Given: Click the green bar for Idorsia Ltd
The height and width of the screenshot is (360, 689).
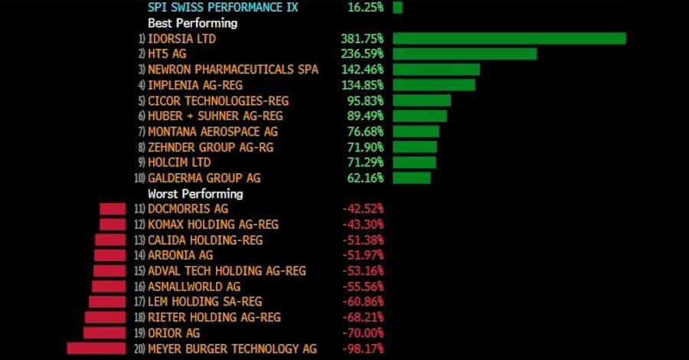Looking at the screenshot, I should (509, 38).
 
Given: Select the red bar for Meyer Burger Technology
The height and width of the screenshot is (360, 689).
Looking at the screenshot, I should (96, 349).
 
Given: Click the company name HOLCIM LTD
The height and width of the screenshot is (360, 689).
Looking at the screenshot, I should (179, 162).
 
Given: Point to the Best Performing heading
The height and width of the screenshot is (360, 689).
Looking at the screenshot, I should (192, 23).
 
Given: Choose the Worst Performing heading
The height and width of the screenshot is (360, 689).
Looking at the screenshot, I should (195, 194).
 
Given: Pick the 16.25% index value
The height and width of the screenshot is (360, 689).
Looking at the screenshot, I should (365, 7).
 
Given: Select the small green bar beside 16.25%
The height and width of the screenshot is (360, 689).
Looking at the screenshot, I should (397, 7).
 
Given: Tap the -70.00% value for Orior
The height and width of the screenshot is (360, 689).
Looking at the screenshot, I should (362, 333).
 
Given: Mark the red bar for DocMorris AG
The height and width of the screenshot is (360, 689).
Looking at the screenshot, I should (113, 209).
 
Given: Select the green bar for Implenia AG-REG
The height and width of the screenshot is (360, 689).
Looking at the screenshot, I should (433, 84).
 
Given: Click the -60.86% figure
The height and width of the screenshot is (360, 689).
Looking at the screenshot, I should (362, 302).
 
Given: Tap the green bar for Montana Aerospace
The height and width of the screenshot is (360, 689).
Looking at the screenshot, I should (416, 131).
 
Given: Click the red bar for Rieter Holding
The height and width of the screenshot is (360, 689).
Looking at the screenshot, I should (105, 317).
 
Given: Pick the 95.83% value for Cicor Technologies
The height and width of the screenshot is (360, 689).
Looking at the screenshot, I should (365, 100).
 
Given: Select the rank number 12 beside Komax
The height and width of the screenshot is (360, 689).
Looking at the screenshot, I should (139, 224).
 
